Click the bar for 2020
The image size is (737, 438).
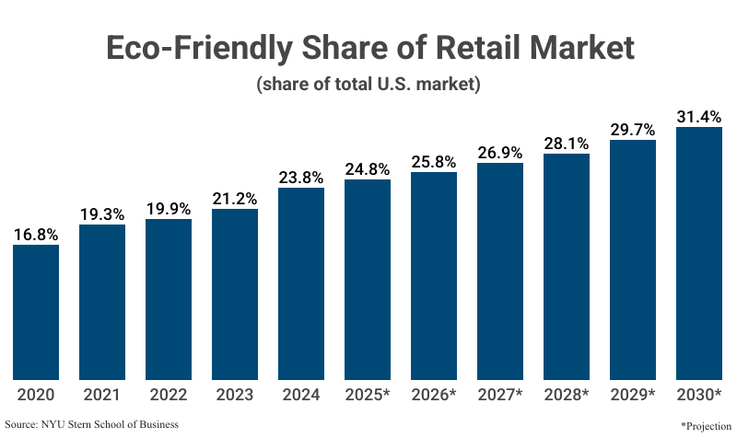pos(36,312)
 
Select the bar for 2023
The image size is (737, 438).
pos(235,294)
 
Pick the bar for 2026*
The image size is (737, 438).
pos(434,276)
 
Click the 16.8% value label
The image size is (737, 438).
pos(36,234)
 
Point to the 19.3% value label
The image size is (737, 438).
pos(102,213)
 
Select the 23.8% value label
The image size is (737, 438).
pos(301,178)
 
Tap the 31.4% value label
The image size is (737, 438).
pos(699,117)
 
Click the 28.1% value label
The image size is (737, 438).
pos(567,143)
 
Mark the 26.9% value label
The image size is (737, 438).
pos(500,153)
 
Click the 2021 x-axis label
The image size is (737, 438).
pos(102,396)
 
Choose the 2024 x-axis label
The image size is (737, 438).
pos(301,396)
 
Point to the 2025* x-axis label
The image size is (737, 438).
pos(368,396)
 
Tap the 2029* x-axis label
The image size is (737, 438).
pos(633,396)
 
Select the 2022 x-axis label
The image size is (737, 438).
pos(169,396)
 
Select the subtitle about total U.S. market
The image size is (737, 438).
pos(368,86)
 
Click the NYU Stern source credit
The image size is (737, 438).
pos(91,424)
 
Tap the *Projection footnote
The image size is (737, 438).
pos(706,426)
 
